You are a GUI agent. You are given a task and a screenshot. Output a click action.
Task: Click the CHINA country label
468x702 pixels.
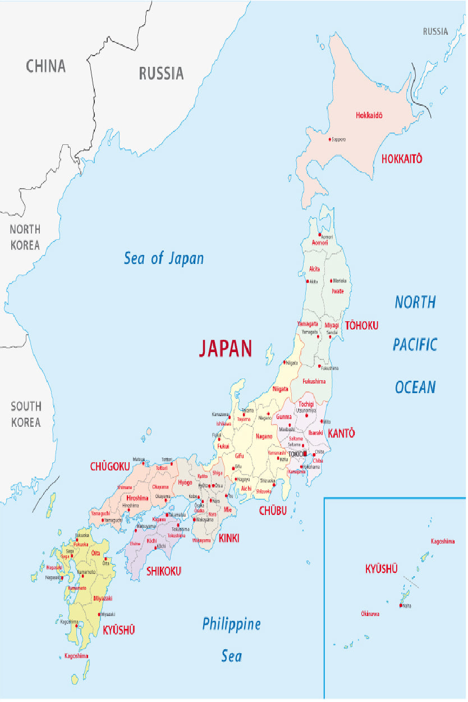[x=45, y=66]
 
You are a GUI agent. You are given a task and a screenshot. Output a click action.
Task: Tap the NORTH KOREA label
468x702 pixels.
[x=25, y=237]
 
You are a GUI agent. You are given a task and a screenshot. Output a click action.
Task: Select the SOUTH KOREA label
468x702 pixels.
[x=26, y=414]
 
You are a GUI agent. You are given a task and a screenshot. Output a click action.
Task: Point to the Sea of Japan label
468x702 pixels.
[x=163, y=258]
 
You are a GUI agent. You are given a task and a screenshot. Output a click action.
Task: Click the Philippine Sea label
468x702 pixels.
[x=231, y=639]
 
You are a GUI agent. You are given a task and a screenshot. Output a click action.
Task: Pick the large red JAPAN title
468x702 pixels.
[x=226, y=349]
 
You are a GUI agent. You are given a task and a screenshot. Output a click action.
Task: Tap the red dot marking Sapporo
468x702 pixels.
[x=329, y=139]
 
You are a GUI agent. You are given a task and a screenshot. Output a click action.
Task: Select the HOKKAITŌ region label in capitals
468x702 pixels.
[x=401, y=159]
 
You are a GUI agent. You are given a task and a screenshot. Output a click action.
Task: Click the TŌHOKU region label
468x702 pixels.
[x=361, y=326]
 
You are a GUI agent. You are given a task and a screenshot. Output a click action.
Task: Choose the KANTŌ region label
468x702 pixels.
[x=341, y=434]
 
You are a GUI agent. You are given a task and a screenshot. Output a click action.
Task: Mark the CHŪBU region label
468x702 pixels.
[x=273, y=510]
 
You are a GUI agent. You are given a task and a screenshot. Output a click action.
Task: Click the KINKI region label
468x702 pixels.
[x=229, y=539]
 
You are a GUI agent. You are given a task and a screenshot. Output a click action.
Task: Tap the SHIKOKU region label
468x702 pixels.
[x=163, y=572]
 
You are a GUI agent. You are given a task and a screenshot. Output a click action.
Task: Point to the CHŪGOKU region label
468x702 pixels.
[x=110, y=467]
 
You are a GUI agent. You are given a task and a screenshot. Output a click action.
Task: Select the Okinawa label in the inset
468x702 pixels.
[x=370, y=614]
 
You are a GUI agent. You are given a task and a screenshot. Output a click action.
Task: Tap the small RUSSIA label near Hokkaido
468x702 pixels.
[x=435, y=32]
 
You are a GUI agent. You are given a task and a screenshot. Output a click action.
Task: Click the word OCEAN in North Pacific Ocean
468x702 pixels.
[x=415, y=387]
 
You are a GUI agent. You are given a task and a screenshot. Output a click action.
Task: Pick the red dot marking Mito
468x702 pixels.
[x=321, y=421]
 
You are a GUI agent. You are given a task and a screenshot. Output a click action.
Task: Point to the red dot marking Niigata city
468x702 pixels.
[x=285, y=362]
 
